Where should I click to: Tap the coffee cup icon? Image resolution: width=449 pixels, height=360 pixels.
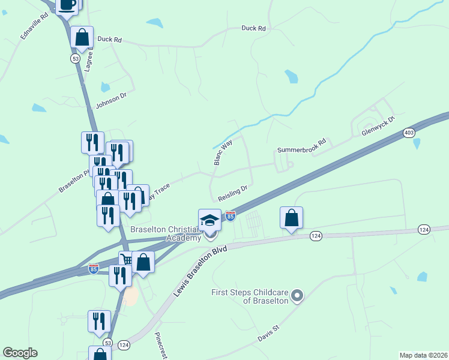tap(67, 4)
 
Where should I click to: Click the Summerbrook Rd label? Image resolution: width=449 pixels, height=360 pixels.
tap(301, 146)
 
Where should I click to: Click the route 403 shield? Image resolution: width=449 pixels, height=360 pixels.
tap(409, 133)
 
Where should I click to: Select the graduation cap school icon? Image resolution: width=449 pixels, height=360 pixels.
tap(210, 220)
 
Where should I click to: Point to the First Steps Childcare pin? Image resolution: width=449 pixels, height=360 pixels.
tap(297, 295)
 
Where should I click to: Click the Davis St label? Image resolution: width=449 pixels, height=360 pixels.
tap(268, 330)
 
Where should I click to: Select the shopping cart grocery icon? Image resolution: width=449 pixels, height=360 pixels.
tap(127, 260)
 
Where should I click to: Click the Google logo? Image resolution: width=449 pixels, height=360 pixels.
tap(20, 353)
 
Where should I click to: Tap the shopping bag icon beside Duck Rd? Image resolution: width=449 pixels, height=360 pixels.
tap(82, 37)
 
